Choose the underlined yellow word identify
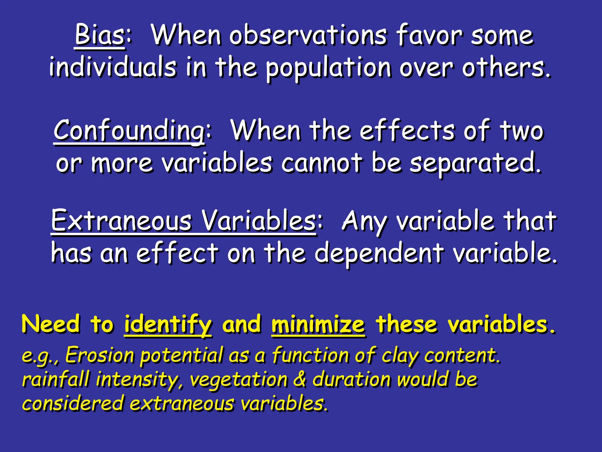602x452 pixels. [x=168, y=325]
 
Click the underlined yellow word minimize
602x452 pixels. [x=318, y=325]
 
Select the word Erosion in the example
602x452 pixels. [x=100, y=355]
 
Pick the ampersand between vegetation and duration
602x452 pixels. [x=300, y=379]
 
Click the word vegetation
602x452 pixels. [x=238, y=380]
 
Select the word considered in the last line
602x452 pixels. [x=72, y=403]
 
